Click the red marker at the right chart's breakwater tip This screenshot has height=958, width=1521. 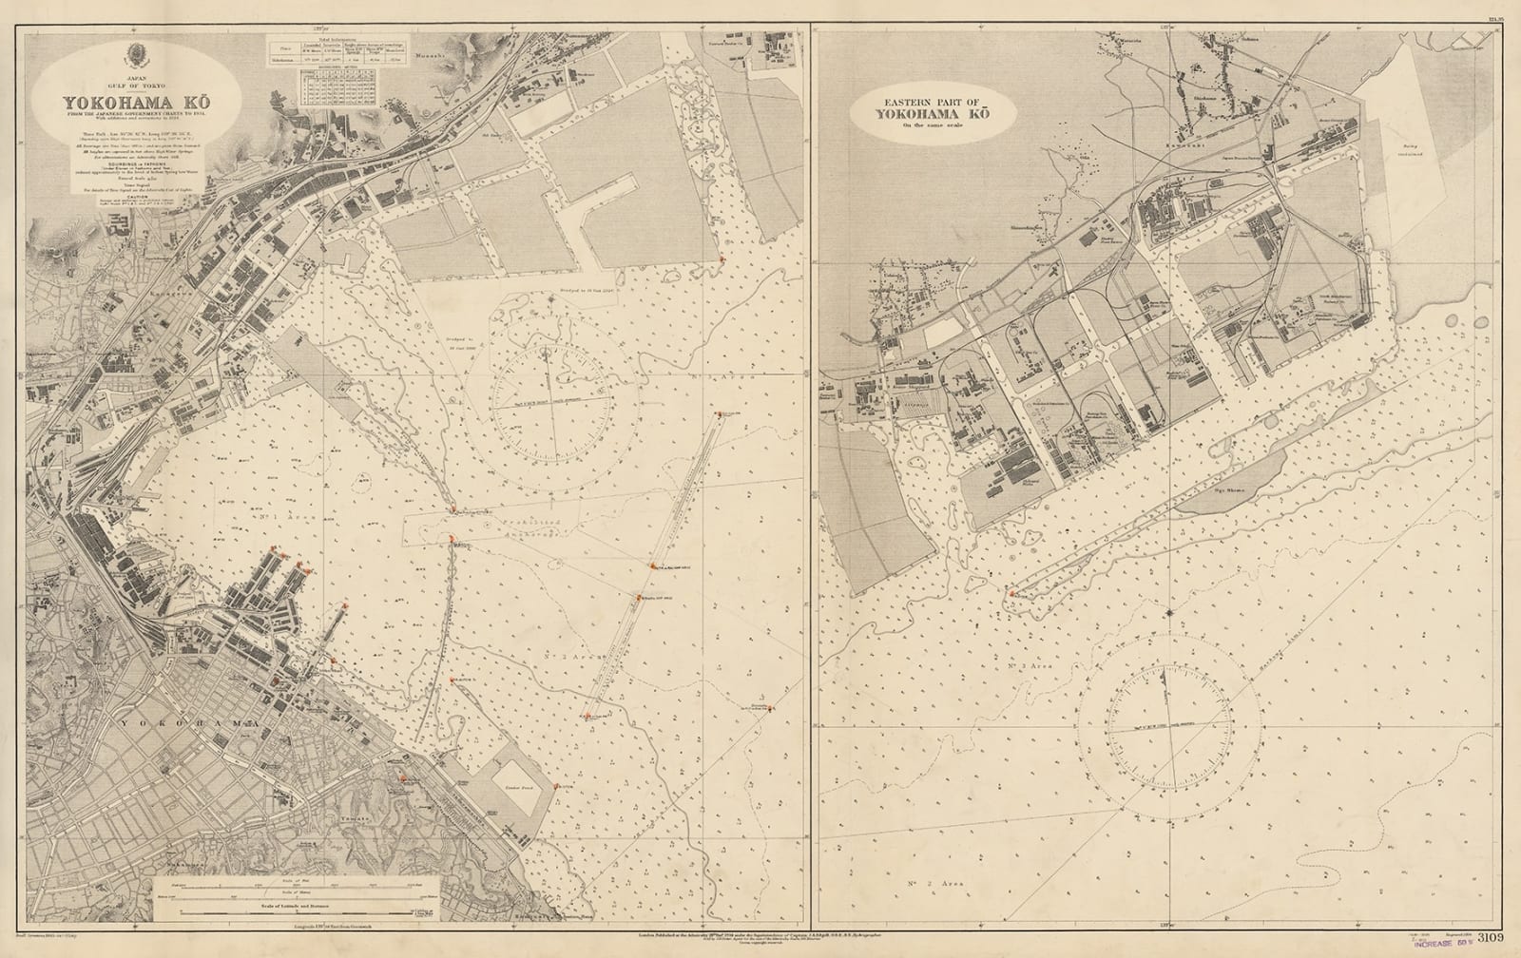[x=1011, y=593]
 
